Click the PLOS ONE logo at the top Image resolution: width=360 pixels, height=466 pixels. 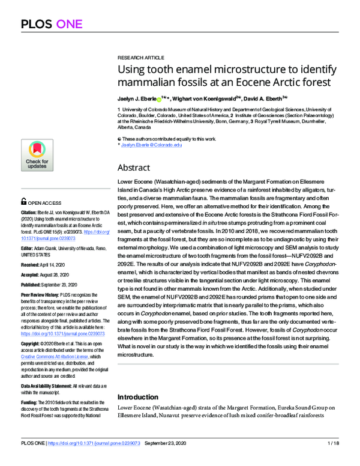pyautogui.click(x=51, y=25)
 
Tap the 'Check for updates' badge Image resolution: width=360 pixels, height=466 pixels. pyautogui.click(x=37, y=155)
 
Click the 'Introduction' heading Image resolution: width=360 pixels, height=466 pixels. pyautogui.click(x=139, y=397)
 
